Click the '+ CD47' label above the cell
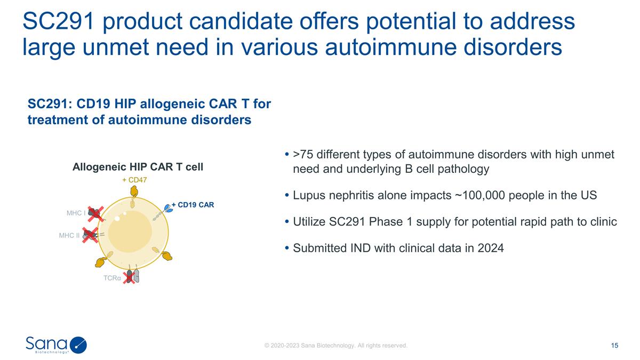[x=134, y=180]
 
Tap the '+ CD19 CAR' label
[x=192, y=204]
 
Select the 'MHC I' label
[x=76, y=213]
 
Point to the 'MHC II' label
[x=69, y=235]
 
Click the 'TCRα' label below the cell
[x=112, y=278]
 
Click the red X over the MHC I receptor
[x=96, y=214]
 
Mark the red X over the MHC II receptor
[x=90, y=235]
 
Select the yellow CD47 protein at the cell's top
[x=134, y=191]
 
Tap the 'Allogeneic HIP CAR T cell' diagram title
[x=138, y=167]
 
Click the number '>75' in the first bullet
[x=303, y=155]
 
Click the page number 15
[x=614, y=346]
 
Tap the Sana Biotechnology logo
[x=56, y=345]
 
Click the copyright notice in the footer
[x=336, y=346]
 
